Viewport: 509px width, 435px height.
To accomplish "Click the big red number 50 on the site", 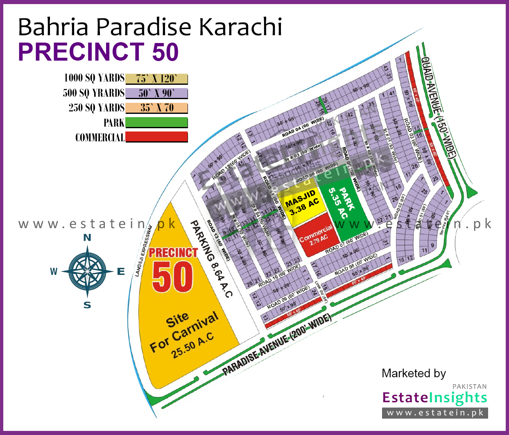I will (172, 277).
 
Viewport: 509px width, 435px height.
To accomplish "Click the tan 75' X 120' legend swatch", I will (156, 79).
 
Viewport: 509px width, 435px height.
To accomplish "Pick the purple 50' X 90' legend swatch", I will (156, 93).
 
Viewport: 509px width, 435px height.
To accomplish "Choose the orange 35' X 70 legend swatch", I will (156, 108).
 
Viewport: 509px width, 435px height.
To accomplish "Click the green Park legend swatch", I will (156, 122).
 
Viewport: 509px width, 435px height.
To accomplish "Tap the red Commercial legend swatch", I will (156, 137).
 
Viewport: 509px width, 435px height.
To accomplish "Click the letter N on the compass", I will (87, 238).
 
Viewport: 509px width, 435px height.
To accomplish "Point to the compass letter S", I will (87, 305).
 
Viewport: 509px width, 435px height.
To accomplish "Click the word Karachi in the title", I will (240, 27).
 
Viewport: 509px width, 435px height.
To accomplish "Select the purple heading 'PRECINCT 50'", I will (98, 52).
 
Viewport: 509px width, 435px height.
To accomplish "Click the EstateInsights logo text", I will (434, 397).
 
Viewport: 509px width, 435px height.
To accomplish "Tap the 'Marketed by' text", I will (414, 373).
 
